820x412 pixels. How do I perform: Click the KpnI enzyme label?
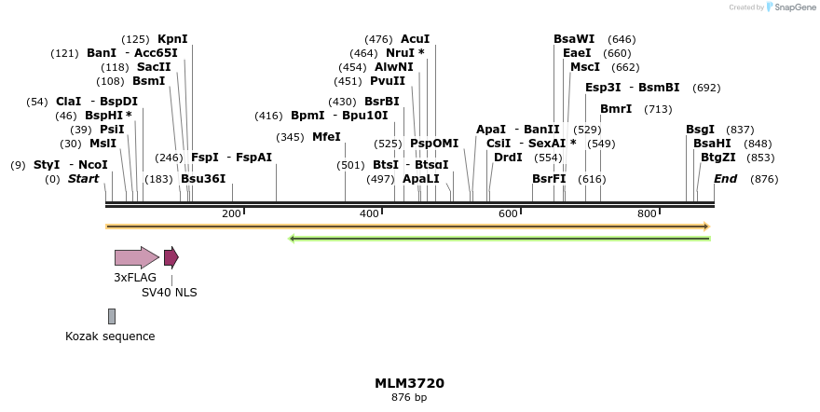[172, 39]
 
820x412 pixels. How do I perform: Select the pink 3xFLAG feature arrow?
[136, 257]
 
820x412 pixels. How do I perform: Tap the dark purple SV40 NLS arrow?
[171, 257]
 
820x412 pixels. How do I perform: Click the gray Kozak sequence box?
[112, 316]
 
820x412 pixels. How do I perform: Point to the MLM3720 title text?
[409, 383]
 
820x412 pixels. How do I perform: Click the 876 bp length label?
[409, 398]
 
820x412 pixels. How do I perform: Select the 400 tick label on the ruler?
[369, 214]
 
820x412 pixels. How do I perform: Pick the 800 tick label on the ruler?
[647, 214]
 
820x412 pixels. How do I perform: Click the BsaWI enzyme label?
[574, 39]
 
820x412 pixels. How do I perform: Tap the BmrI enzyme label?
[616, 109]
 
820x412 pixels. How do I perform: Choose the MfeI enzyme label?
[326, 137]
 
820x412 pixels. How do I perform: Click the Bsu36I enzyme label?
[203, 179]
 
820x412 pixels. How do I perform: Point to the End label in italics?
[725, 179]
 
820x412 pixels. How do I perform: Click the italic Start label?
[83, 179]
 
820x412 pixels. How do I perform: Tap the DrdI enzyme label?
[508, 158]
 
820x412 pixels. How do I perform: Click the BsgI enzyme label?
[701, 130]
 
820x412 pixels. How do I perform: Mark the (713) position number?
[658, 109]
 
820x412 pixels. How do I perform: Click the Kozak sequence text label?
[110, 336]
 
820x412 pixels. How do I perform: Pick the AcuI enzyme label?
[415, 39]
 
